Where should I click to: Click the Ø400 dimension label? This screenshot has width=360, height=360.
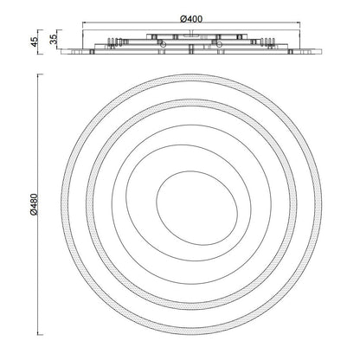191,19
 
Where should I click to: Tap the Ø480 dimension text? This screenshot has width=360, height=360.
34,204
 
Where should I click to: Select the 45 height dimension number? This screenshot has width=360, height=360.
34,42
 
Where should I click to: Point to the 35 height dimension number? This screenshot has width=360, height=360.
54,39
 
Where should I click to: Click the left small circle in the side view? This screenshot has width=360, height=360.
163,44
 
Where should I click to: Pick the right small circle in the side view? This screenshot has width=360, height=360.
219,44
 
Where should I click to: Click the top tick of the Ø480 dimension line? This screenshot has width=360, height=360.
40,74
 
